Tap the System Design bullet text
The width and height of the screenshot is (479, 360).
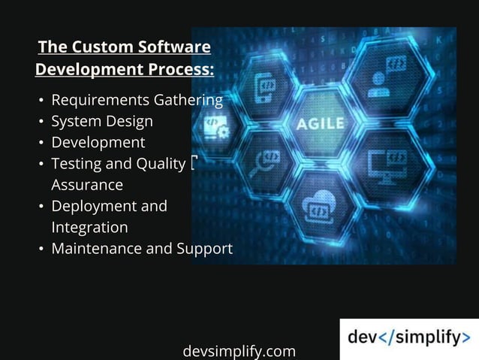coord(101,121)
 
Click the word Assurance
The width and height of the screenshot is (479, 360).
coord(87,184)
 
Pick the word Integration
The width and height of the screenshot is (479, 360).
coord(89,226)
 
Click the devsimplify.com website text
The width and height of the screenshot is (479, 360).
coord(239,351)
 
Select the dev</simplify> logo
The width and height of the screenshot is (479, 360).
coord(408,338)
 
